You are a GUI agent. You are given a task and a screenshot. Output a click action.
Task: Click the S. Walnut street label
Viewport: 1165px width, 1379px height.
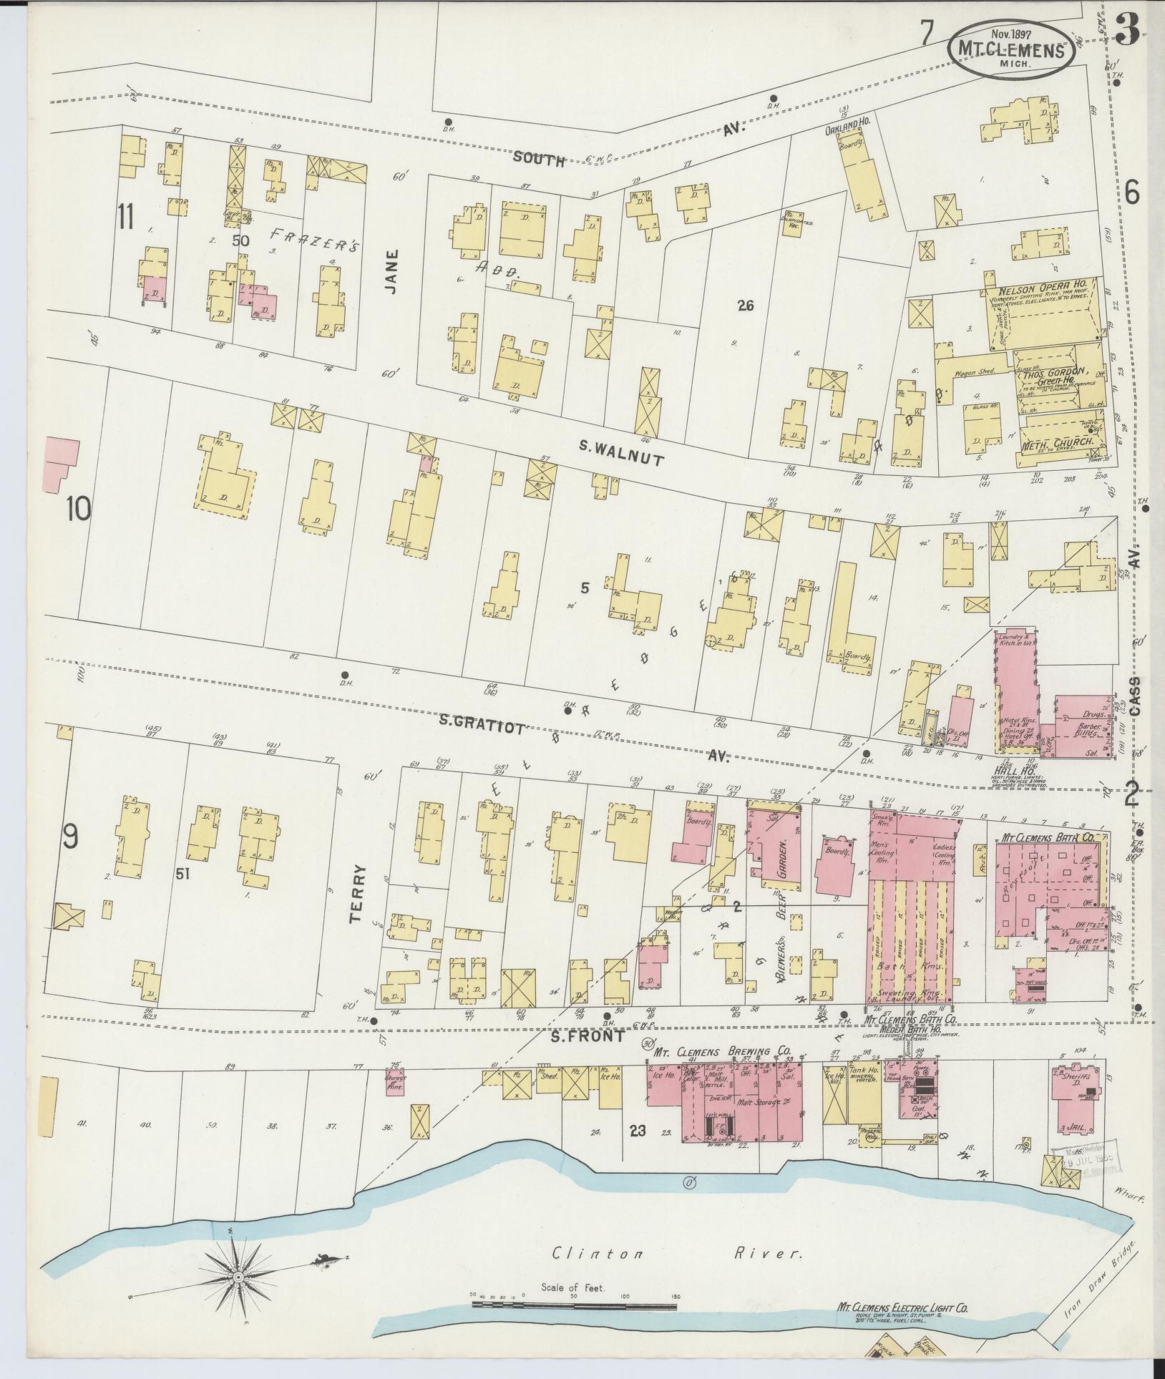(621, 454)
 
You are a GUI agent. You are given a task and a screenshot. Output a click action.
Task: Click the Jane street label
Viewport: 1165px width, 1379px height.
(390, 276)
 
